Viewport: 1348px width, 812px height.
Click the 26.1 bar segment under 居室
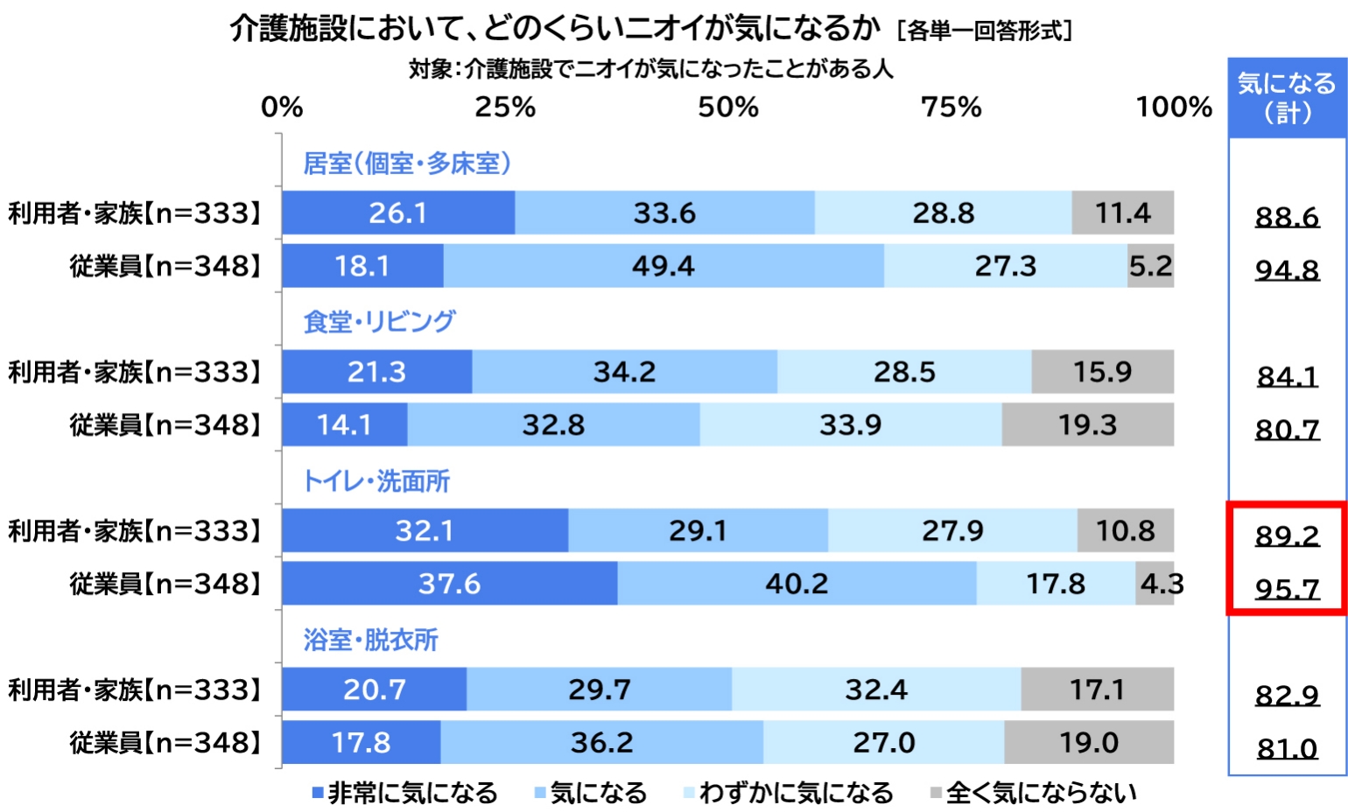point(398,213)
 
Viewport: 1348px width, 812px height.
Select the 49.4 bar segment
point(663,266)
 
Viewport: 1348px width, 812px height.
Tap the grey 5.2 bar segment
point(1150,266)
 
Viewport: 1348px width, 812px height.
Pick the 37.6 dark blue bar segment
point(449,584)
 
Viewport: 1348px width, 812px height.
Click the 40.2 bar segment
point(797,584)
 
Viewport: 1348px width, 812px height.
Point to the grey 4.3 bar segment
point(1155,584)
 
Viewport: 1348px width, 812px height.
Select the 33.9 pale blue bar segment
point(850,425)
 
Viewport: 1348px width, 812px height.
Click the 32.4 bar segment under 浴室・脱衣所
point(876,689)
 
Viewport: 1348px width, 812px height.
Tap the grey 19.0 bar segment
point(1089,743)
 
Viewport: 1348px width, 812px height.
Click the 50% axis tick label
point(728,108)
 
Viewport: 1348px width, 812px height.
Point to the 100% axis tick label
point(1173,108)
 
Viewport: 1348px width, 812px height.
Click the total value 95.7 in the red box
point(1287,589)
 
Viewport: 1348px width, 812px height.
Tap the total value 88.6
point(1287,217)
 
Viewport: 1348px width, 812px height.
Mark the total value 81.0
point(1287,749)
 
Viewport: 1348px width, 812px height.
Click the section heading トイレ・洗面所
point(376,481)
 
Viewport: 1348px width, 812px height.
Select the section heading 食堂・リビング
point(379,322)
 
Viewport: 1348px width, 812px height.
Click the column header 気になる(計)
point(1287,98)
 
